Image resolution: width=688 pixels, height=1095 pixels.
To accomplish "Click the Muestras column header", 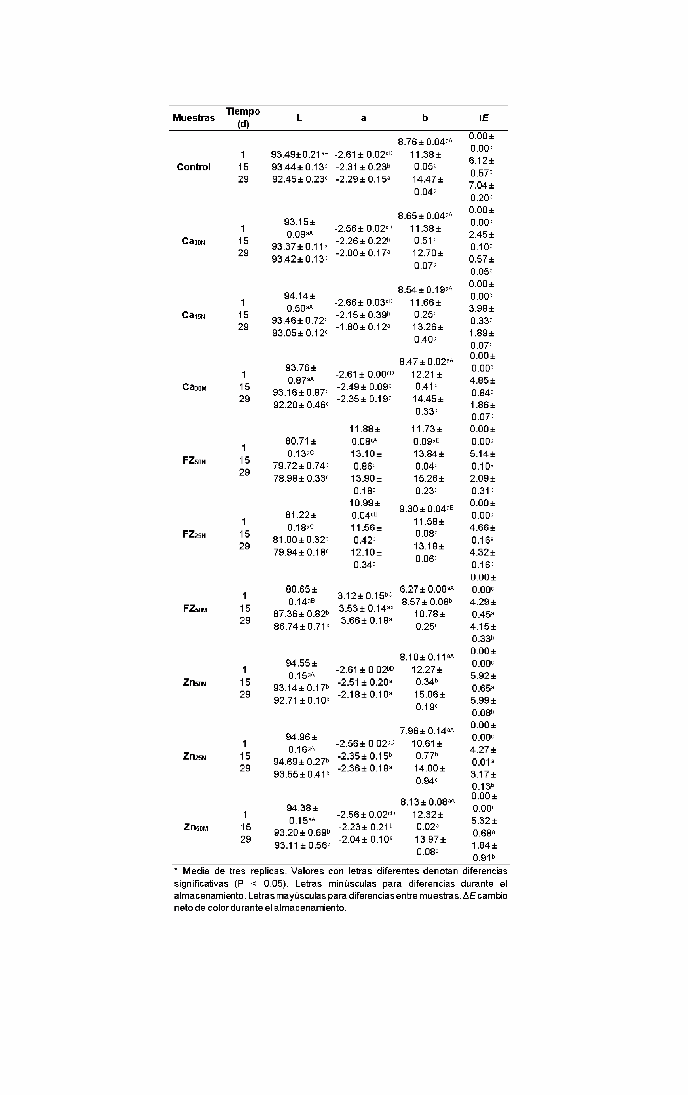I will pyautogui.click(x=193, y=118).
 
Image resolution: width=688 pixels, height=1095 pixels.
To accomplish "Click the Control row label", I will pyautogui.click(x=193, y=167).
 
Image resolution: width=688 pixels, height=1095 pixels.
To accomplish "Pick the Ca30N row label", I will pyautogui.click(x=193, y=241).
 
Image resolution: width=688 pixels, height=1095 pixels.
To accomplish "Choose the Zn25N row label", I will pyautogui.click(x=195, y=756).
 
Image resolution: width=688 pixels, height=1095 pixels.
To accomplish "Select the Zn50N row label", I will pyautogui.click(x=195, y=682).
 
